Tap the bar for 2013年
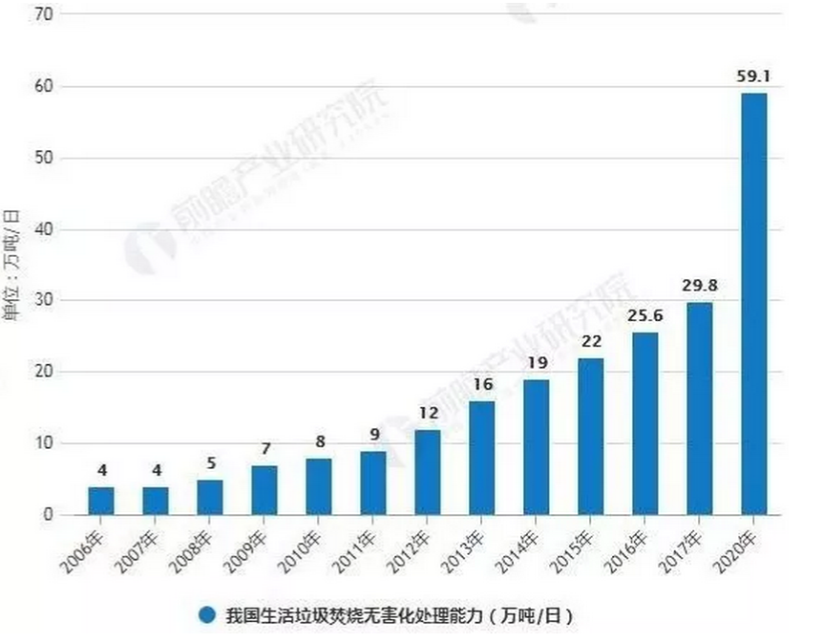[481, 458]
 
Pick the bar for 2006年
[101, 501]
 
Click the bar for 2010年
[318, 486]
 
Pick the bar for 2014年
[536, 447]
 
